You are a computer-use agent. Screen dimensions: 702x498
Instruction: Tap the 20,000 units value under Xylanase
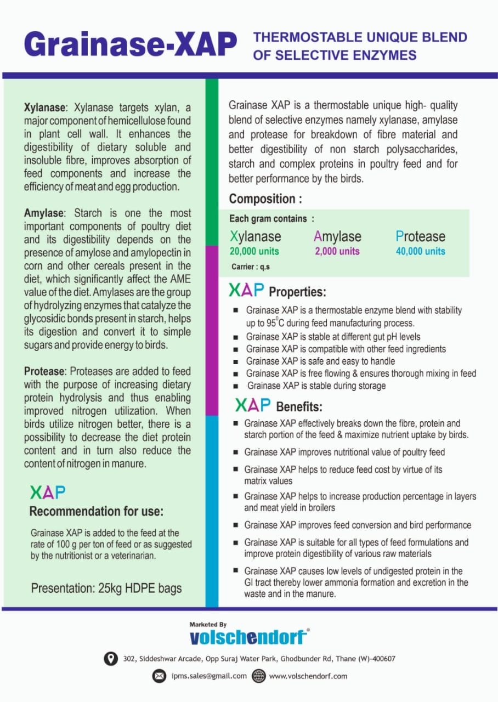[x=254, y=251]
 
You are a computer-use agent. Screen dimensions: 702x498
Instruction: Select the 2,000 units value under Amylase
[x=337, y=251]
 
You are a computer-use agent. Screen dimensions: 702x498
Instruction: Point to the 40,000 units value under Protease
[x=420, y=251]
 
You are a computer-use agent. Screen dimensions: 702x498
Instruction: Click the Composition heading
[x=265, y=199]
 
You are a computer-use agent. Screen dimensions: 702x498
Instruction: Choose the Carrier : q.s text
[x=251, y=268]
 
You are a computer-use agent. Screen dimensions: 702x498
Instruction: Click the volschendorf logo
[x=248, y=637]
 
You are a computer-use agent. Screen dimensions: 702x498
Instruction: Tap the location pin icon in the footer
[x=111, y=658]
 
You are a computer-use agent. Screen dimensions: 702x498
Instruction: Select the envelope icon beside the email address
[x=159, y=676]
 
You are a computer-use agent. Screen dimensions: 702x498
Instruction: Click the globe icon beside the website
[x=259, y=676]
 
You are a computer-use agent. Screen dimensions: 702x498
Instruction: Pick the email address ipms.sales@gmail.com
[x=208, y=676]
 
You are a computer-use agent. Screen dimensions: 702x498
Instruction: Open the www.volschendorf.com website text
[x=308, y=676]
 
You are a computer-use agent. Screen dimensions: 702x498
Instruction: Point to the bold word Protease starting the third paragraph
[x=45, y=371]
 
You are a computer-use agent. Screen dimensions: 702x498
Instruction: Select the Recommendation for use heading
[x=96, y=512]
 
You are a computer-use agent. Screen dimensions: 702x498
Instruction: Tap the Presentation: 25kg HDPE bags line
[x=106, y=588]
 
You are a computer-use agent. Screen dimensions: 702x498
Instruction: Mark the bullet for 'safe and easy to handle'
[x=235, y=361]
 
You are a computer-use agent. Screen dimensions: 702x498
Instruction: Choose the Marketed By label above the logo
[x=208, y=625]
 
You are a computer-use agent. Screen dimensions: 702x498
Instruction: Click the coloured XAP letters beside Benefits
[x=253, y=405]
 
